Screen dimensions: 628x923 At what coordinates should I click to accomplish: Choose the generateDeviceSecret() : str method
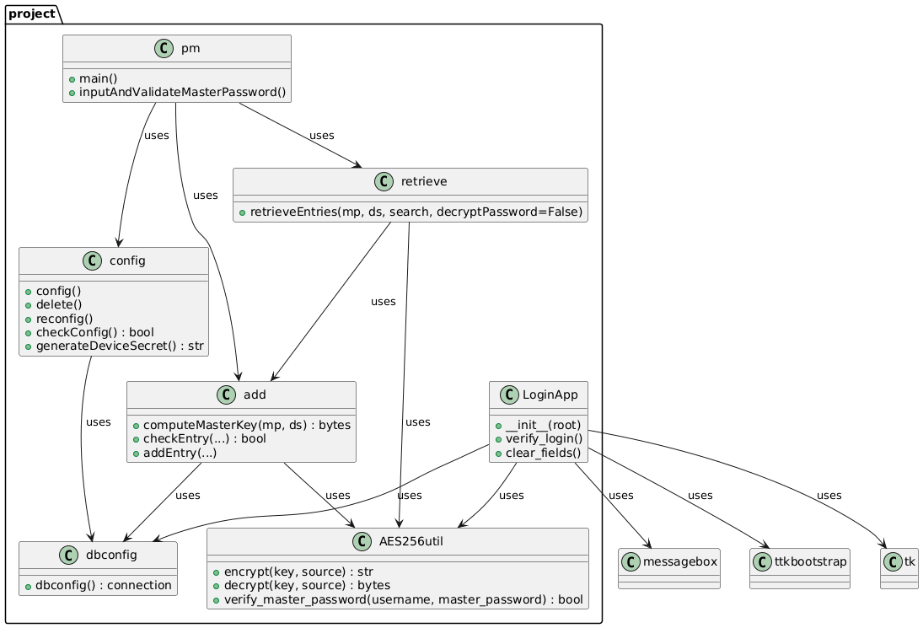point(119,344)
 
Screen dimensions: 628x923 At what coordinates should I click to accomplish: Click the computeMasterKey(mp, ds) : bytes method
point(245,424)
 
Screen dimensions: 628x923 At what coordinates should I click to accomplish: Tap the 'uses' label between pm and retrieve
point(321,136)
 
